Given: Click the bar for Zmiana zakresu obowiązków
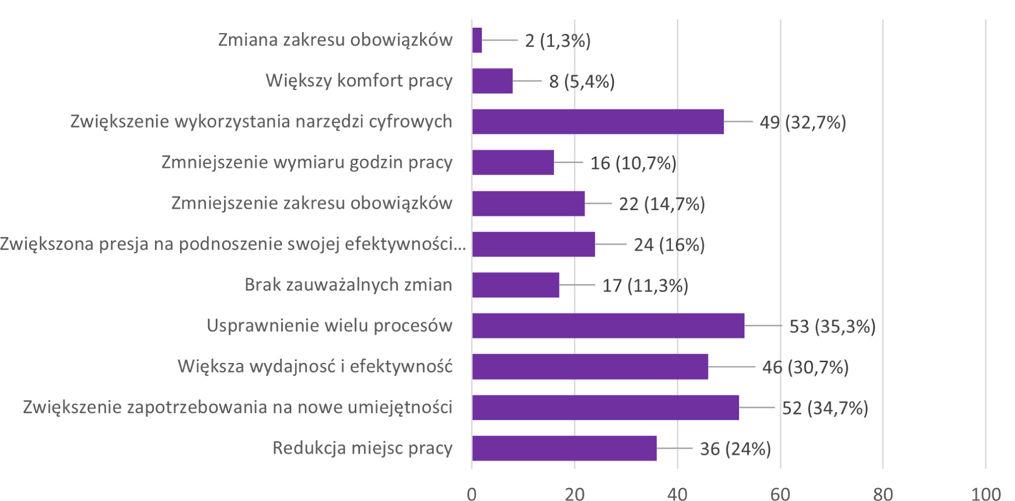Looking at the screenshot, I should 477,40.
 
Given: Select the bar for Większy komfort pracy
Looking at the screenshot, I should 492,81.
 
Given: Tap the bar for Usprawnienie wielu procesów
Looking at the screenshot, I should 608,326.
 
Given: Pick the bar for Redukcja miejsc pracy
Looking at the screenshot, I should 564,448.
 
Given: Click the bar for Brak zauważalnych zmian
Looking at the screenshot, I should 515,285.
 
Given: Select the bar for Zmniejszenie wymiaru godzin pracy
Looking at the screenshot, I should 513,163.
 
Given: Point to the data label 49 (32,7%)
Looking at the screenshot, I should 803,122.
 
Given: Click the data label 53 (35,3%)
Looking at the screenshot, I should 832,326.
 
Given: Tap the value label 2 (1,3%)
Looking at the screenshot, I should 558,41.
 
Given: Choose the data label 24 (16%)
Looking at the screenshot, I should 669,245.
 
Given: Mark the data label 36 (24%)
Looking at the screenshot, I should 736,449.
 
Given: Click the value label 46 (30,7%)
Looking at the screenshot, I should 805,367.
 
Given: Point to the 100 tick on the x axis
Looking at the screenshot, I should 986,494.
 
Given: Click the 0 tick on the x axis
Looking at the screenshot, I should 472,494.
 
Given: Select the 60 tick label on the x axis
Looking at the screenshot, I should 781,494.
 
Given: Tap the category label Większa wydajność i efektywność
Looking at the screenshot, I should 315,367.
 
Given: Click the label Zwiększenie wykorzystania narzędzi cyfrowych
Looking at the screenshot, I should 261,122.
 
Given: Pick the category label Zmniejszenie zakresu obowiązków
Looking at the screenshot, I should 312,203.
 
